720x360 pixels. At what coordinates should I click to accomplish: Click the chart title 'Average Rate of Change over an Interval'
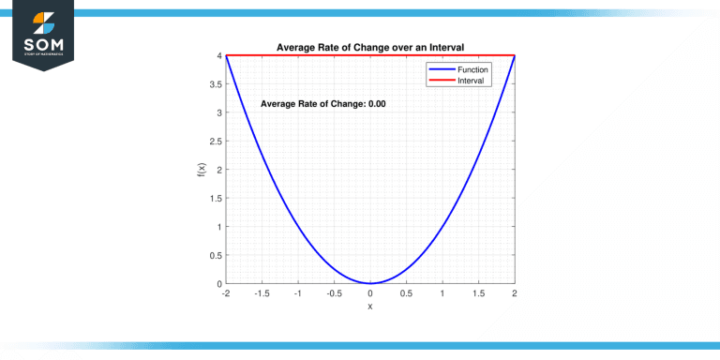[x=370, y=47]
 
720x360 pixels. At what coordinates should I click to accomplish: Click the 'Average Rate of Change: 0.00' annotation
[x=322, y=104]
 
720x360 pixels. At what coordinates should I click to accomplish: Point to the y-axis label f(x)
[x=201, y=170]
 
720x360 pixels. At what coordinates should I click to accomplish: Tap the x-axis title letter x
[x=370, y=307]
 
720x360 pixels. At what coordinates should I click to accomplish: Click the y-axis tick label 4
[x=218, y=56]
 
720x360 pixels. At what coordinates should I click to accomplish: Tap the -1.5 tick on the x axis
[x=262, y=293]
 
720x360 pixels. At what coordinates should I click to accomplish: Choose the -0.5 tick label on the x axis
[x=334, y=293]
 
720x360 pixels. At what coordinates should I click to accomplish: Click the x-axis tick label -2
[x=225, y=293]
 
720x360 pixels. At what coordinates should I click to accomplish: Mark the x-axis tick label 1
[x=442, y=293]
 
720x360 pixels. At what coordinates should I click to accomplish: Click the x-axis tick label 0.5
[x=406, y=293]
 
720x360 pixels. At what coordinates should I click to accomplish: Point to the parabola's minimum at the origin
[x=370, y=282]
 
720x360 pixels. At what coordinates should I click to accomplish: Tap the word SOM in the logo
[x=45, y=42]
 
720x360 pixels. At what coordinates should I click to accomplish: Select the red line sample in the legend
[x=442, y=81]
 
